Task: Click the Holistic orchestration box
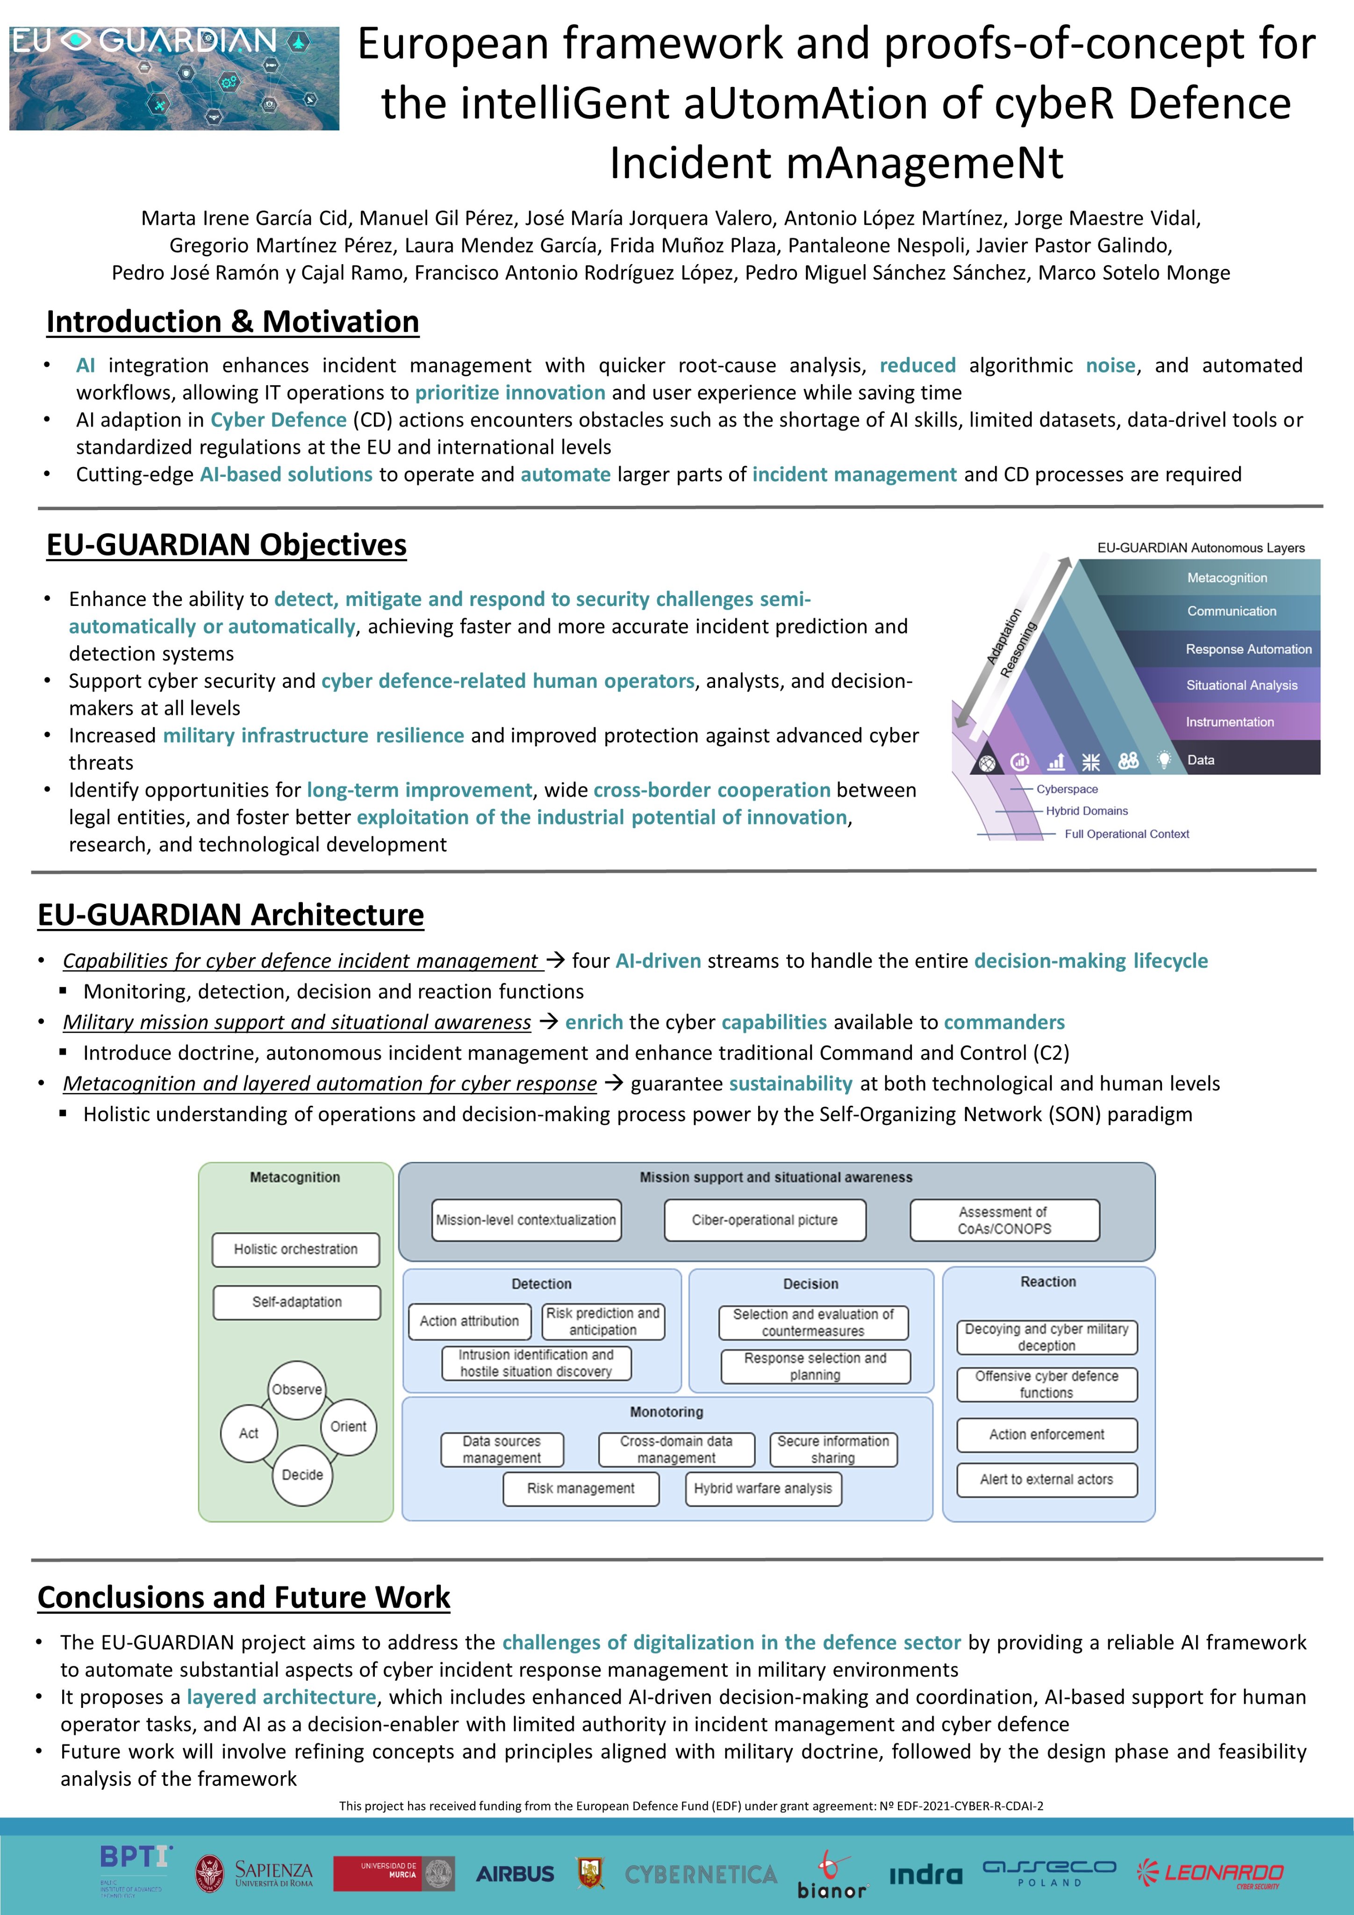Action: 296,1249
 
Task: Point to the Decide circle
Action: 302,1475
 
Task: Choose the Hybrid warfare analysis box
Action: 763,1489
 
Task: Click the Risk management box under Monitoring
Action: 580,1489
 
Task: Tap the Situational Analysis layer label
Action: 1241,685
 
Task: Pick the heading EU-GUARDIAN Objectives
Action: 226,545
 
